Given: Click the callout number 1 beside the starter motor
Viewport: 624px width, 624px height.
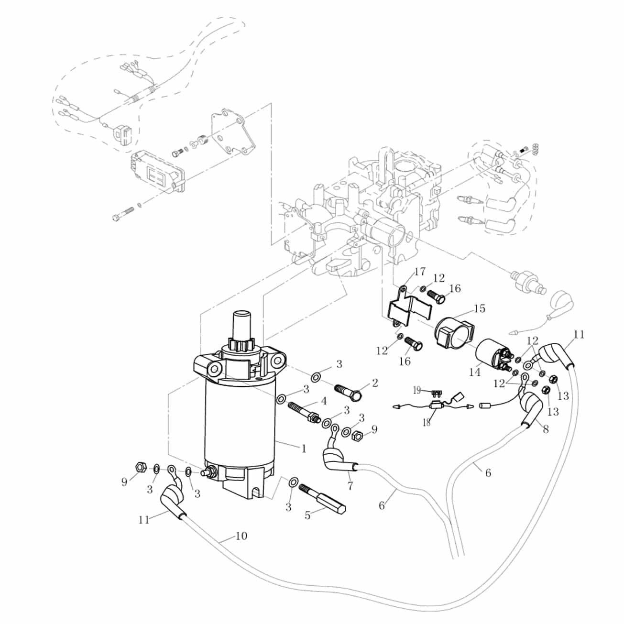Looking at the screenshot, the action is (x=304, y=449).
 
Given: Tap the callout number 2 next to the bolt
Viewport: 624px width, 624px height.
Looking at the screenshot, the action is (x=375, y=383).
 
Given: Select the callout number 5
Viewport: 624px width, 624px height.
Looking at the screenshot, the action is (x=307, y=515).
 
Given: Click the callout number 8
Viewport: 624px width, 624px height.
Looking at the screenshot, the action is (x=546, y=429).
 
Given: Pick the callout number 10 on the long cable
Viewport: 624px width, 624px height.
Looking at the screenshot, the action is (x=241, y=536).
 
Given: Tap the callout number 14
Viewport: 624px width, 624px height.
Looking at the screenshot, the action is (x=475, y=372).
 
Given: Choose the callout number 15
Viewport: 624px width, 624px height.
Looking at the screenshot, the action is (x=480, y=308).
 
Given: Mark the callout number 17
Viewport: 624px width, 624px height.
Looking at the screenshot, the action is (x=420, y=272).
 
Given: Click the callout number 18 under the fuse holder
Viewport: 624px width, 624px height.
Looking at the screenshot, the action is (x=427, y=422).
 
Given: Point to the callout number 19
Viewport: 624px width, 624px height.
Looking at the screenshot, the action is (x=417, y=391).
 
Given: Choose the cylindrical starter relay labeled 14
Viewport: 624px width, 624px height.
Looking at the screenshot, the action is (x=494, y=357).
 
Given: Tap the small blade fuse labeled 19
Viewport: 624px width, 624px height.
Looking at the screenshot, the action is (x=437, y=394).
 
